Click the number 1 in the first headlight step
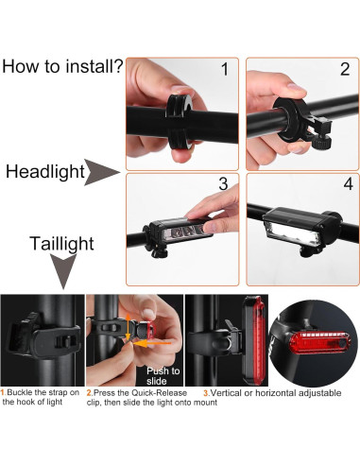click(224, 69)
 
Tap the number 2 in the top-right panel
click(345, 69)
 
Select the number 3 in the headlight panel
click(224, 183)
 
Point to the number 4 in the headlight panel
click(345, 183)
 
